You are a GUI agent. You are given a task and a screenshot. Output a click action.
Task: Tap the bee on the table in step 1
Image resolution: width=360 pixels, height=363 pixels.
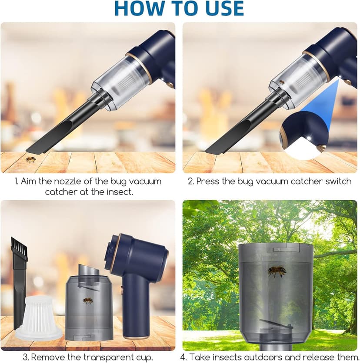pyautogui.click(x=30, y=160)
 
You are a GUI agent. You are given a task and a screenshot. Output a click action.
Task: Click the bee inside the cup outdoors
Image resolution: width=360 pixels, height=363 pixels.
pyautogui.click(x=277, y=271)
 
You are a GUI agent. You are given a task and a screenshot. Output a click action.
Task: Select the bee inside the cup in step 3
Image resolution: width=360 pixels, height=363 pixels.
pyautogui.click(x=88, y=300)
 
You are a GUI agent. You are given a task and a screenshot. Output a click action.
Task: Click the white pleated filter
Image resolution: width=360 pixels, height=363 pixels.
pyautogui.click(x=39, y=316)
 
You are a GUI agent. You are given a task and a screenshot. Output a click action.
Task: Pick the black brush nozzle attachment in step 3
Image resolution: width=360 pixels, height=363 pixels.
pyautogui.click(x=20, y=269)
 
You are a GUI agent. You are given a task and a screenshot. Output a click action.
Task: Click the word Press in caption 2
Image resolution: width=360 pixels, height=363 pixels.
pyautogui.click(x=207, y=181)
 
